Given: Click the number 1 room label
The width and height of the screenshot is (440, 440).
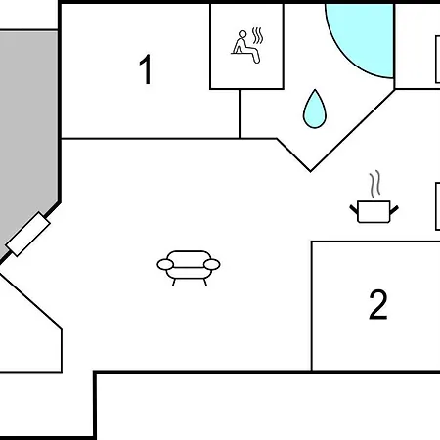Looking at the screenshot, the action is [146, 69].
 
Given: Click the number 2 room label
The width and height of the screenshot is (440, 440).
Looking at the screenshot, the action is [378, 304].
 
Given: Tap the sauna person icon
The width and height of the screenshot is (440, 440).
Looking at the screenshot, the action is [246, 46].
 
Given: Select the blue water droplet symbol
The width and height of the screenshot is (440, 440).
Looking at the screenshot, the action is [315, 110].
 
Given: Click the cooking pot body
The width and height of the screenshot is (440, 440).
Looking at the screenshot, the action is [374, 212].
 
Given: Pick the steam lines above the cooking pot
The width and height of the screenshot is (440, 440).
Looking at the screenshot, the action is [375, 184].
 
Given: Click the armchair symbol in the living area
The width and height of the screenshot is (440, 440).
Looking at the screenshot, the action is [189, 268].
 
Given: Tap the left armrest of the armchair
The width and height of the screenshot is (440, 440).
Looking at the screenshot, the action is [165, 265].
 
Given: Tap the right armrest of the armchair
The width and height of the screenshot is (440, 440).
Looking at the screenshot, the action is [212, 265].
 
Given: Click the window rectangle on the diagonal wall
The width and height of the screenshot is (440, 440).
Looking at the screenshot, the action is [28, 234].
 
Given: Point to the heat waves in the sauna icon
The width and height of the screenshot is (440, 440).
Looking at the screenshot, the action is [257, 36].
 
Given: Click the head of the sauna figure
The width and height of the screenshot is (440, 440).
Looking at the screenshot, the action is [242, 34].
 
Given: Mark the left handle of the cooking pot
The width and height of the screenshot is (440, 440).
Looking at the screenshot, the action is [354, 209].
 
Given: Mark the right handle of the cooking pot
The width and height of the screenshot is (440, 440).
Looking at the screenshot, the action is [394, 210].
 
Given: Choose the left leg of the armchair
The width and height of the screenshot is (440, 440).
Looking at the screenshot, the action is [174, 282].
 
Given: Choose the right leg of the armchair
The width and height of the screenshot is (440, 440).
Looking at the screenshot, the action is [204, 282].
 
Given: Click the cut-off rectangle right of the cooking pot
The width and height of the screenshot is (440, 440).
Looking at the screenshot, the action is [438, 206].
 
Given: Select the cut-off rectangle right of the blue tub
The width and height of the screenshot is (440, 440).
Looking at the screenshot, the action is [438, 60].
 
